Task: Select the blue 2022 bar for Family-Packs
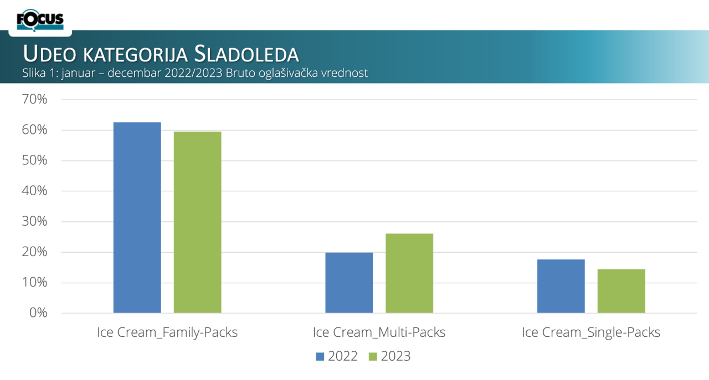pos(137,217)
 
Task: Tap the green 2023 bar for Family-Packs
pos(198,222)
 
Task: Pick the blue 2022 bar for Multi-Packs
pos(349,283)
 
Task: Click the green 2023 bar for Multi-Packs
pos(409,273)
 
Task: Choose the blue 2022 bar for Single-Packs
pos(561,286)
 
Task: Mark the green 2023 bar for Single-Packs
pos(621,291)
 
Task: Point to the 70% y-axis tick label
pos(34,99)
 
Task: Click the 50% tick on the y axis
pos(34,160)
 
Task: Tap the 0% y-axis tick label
pos(38,313)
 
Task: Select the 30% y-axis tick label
pos(34,221)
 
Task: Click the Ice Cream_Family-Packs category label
pos(167,332)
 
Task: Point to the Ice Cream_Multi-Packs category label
pos(379,332)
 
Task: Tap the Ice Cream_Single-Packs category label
pos(591,332)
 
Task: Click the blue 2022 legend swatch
pos(320,357)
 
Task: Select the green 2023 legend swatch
pos(373,357)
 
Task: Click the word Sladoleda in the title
pos(246,54)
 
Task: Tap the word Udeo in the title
pos(50,54)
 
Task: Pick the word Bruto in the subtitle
pos(240,73)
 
